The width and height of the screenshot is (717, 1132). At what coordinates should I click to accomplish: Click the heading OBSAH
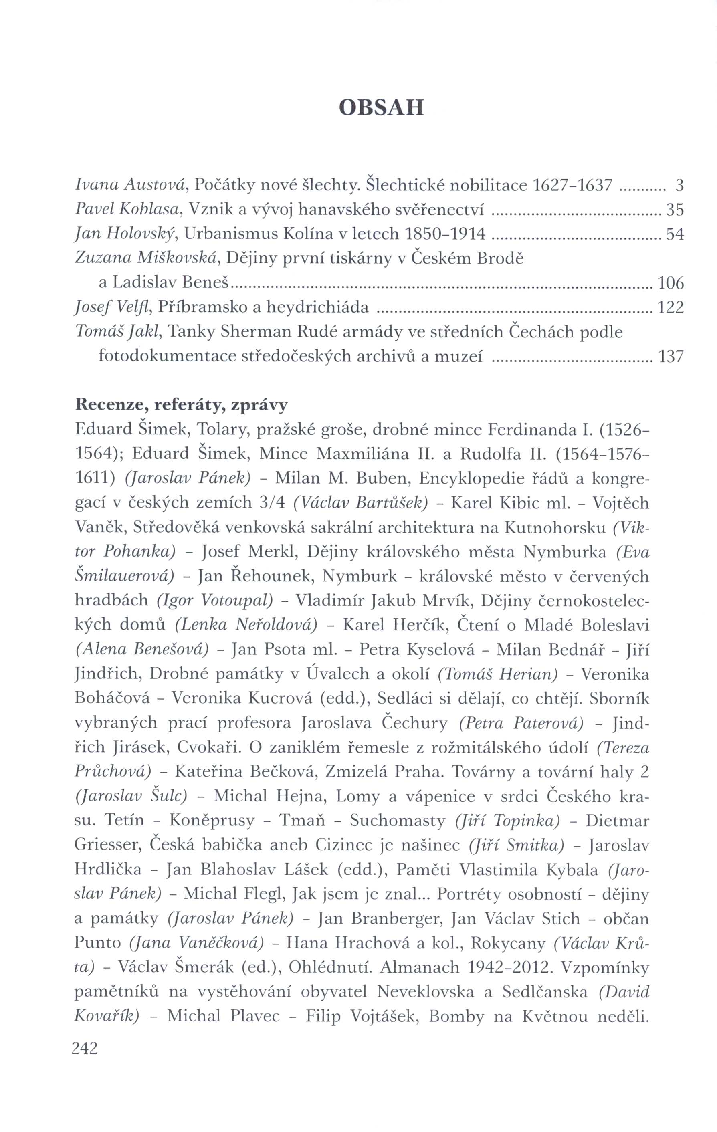(x=381, y=108)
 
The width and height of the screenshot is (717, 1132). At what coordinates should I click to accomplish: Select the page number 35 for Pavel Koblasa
(x=675, y=210)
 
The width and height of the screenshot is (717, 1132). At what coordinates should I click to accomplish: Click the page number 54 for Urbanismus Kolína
(x=675, y=234)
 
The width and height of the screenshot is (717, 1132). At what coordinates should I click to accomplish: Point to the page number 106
(x=671, y=283)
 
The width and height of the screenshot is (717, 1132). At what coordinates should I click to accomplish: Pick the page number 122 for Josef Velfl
(x=671, y=307)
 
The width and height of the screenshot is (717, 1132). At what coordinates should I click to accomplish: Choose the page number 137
(x=671, y=357)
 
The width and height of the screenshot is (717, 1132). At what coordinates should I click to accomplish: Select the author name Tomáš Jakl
(x=119, y=332)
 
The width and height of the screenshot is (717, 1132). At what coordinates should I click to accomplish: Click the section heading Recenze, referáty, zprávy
(x=182, y=405)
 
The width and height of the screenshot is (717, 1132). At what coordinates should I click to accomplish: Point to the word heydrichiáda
(x=317, y=307)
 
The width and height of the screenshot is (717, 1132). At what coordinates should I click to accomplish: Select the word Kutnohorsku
(x=555, y=527)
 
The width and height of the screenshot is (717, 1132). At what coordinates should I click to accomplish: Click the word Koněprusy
(x=212, y=821)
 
